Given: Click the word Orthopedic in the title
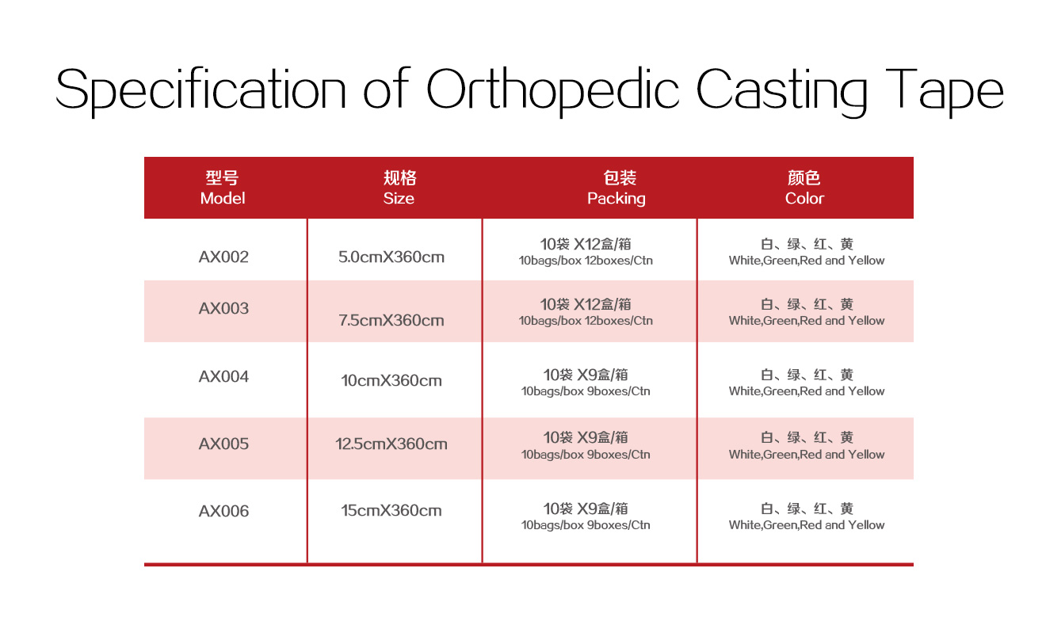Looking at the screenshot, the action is (552, 91).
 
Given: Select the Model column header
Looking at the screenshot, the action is (223, 188).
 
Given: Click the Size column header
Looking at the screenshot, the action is (399, 188).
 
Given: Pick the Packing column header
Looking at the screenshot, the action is (617, 188).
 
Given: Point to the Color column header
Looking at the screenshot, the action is (804, 188).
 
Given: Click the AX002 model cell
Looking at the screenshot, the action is (223, 257).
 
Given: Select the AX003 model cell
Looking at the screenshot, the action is (223, 308).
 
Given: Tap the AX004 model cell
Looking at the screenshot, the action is (223, 376).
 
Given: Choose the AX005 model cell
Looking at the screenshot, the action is (223, 444).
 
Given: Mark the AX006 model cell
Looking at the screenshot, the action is (223, 511).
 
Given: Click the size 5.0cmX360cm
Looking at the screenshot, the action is (391, 257).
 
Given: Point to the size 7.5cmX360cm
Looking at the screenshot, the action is (391, 320).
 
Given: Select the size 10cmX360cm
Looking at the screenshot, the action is (391, 380).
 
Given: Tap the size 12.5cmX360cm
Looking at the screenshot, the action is (391, 444).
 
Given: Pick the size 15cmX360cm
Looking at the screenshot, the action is (391, 510).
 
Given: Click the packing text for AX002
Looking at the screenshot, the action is (586, 252).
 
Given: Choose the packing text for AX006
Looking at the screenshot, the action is (586, 516).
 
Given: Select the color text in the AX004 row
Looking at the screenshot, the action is (807, 383).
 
